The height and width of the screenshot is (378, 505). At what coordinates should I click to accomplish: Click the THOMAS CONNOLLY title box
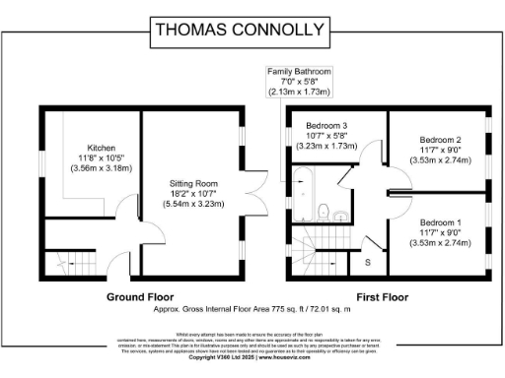tap(252, 30)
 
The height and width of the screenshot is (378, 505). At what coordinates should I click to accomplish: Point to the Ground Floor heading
tap(142, 296)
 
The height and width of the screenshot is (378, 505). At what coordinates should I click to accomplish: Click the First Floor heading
tap(382, 296)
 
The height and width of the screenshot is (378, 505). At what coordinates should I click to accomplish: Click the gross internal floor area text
tap(252, 309)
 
